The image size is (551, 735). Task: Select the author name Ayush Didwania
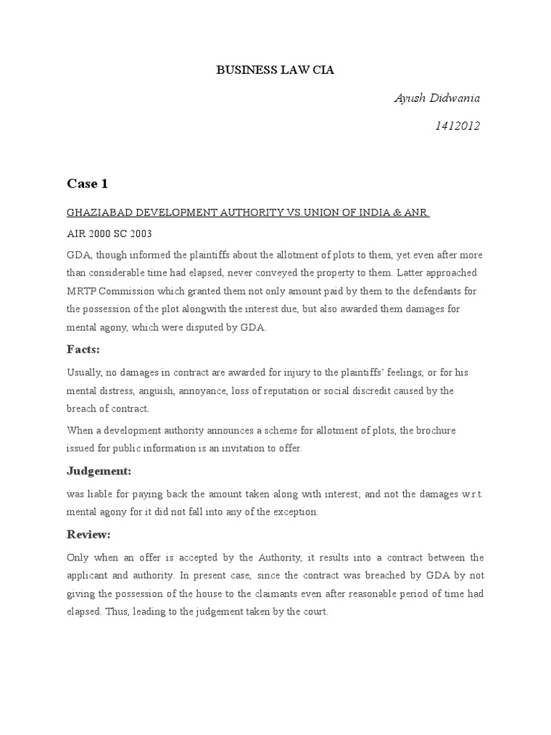[x=437, y=98]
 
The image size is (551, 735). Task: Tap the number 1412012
[x=457, y=126]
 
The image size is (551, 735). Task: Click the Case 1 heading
[x=87, y=184]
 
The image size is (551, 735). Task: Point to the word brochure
[x=433, y=431]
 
